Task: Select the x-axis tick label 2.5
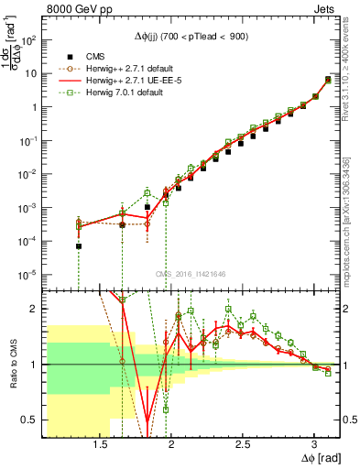243,444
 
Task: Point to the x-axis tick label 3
314,444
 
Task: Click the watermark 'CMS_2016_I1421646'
191,273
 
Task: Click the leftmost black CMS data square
79,246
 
